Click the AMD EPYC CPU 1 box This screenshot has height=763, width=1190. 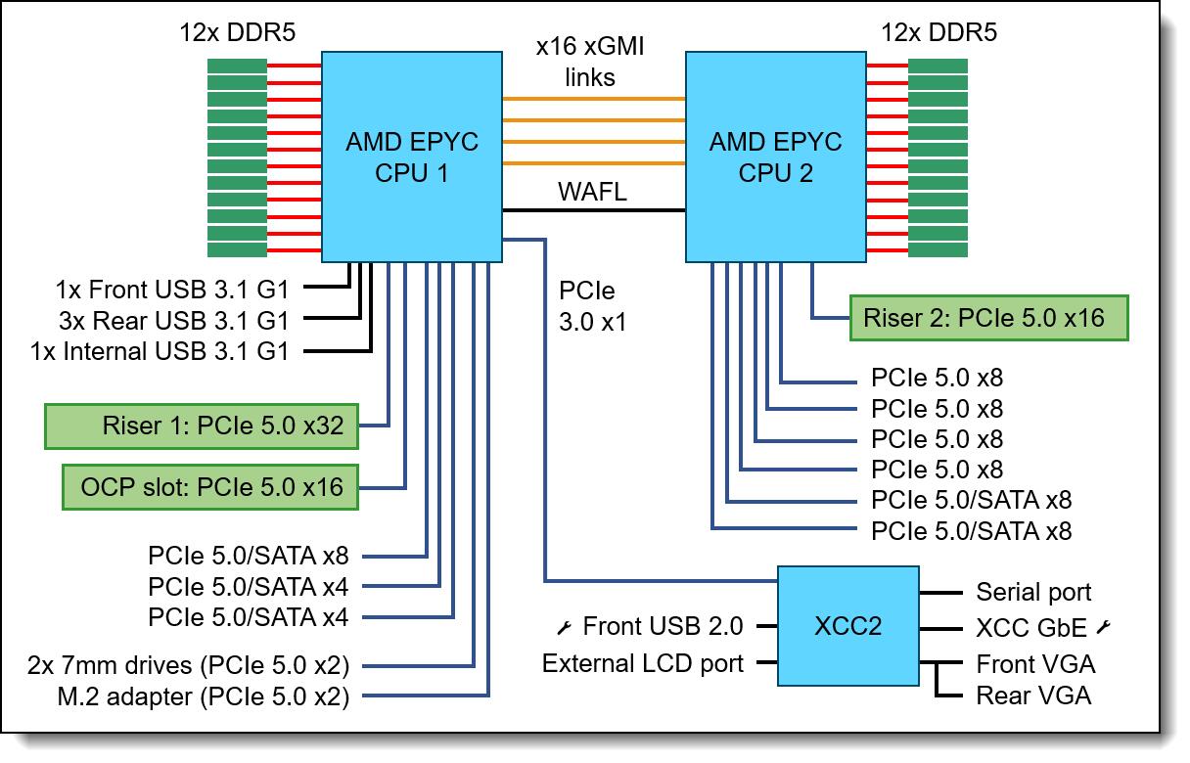click(x=412, y=157)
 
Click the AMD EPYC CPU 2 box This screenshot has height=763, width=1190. click(x=775, y=157)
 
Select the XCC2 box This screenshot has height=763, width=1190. click(x=847, y=625)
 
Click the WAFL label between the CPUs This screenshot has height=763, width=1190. click(x=592, y=192)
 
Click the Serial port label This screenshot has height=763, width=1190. click(x=1033, y=592)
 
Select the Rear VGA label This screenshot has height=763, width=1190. click(x=1033, y=696)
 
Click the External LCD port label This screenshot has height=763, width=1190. click(x=643, y=663)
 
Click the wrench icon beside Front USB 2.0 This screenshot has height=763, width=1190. click(x=565, y=626)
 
